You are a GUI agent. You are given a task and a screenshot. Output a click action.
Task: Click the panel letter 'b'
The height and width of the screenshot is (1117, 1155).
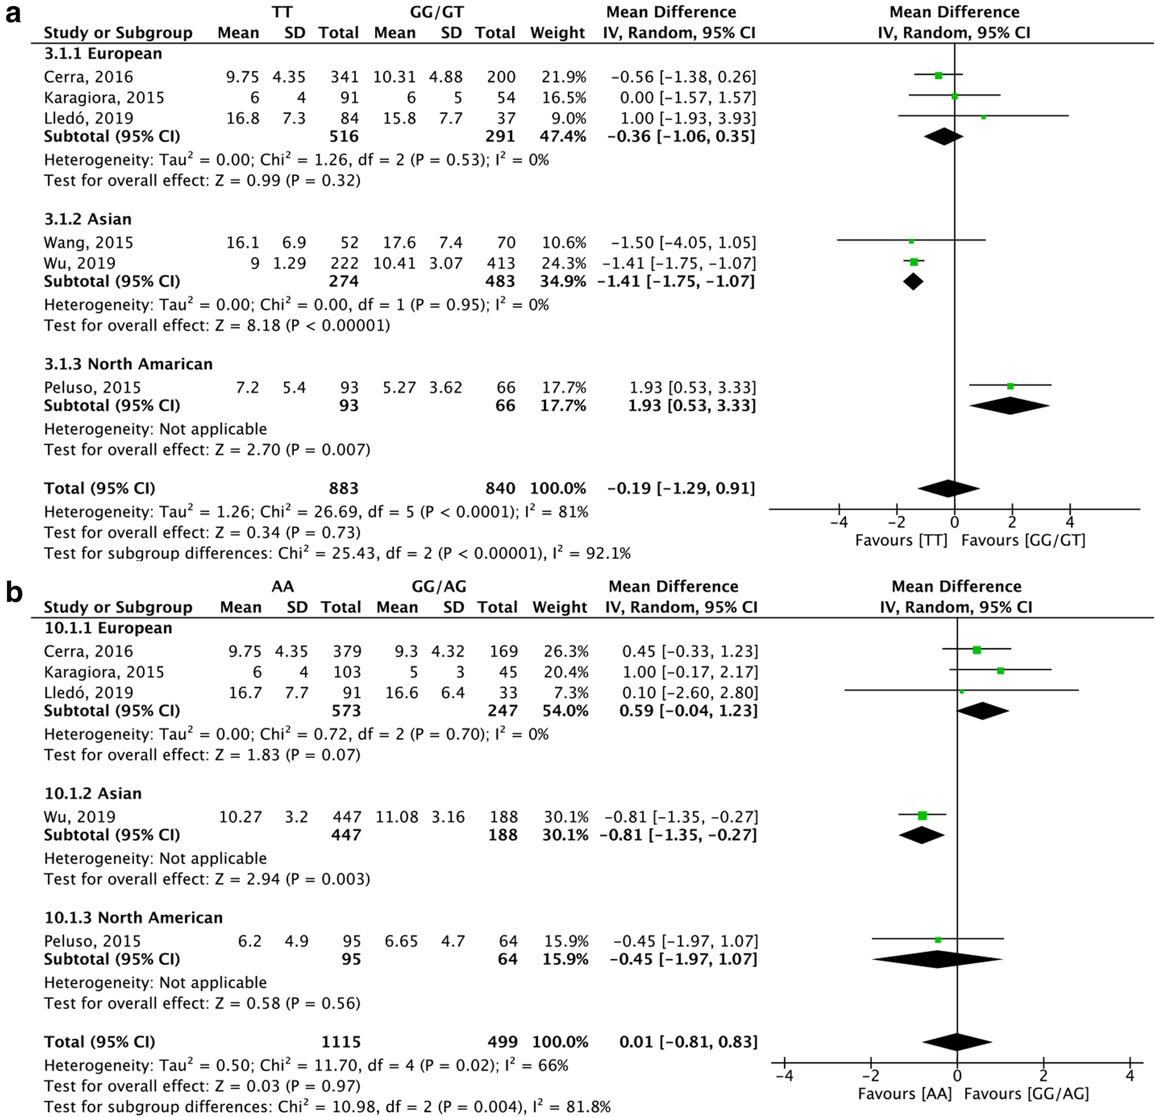point(14,593)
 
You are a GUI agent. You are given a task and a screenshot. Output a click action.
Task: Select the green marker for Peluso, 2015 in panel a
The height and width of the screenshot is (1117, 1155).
point(1010,386)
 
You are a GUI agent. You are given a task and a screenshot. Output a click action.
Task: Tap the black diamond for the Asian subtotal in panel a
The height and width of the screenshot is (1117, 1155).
point(913,282)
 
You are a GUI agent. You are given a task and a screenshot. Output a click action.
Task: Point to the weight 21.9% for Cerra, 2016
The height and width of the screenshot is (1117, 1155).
point(563,77)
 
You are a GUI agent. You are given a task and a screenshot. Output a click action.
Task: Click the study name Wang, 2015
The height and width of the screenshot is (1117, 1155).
point(88,243)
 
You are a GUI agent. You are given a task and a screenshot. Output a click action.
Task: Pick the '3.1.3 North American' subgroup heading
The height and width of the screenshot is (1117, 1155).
point(128,364)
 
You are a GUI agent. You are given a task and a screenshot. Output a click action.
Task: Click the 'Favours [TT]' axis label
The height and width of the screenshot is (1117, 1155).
point(900,541)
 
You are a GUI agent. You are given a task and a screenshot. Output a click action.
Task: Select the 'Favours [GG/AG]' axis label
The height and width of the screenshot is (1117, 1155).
point(1026,1094)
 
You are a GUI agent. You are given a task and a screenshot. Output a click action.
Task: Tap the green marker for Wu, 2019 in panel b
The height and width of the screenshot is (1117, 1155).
point(922,816)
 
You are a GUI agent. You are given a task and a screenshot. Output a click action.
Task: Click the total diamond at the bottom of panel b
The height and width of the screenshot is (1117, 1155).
point(957,1042)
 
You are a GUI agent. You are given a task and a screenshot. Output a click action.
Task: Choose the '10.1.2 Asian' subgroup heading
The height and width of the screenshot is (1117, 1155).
point(93,794)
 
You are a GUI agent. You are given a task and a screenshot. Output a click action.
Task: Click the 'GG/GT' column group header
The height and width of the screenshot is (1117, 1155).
point(436,12)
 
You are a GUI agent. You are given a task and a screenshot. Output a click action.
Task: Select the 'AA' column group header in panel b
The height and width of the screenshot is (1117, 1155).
point(283,587)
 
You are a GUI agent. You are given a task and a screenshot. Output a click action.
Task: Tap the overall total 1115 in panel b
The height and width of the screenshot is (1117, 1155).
point(341,1042)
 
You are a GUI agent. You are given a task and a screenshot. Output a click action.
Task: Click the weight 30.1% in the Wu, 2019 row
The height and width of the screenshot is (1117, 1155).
point(566,817)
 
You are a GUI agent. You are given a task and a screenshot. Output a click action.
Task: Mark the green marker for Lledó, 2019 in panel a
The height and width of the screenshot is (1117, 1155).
point(983,118)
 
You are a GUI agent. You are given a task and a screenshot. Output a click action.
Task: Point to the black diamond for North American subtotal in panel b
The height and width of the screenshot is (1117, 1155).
point(937,959)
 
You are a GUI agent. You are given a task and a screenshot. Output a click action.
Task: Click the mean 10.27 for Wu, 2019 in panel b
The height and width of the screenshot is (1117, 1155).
point(240,817)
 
